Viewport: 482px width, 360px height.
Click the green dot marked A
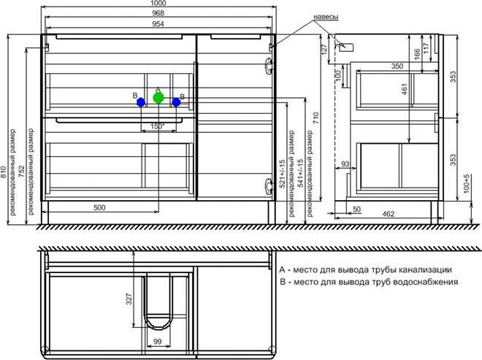pos(158,99)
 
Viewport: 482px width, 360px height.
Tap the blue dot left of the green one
pos(141,103)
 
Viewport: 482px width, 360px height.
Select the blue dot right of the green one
pos(176,103)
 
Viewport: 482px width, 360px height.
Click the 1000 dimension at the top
pos(158,4)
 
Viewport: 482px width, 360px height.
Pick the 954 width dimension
pos(158,24)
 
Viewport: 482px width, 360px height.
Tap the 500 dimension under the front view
pos(99,208)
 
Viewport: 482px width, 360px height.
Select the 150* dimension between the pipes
pos(156,126)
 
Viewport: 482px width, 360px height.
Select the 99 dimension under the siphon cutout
pos(157,341)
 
